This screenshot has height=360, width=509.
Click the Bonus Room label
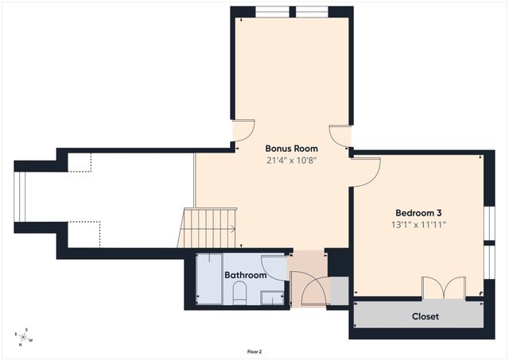[x=291, y=149]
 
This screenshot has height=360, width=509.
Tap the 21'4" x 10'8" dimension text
[x=291, y=160]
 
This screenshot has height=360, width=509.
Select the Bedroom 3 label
[x=418, y=213]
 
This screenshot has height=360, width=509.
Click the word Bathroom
[x=245, y=275]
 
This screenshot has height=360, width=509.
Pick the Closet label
[x=425, y=316]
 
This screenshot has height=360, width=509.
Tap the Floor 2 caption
[x=254, y=350]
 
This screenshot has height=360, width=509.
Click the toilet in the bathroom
[x=238, y=296]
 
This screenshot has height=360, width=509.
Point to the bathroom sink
[x=273, y=298]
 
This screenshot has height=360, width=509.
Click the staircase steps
[x=210, y=229]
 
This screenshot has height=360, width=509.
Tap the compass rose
[x=24, y=338]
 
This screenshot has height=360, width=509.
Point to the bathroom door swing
[x=274, y=268]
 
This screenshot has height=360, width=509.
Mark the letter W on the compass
[x=32, y=341]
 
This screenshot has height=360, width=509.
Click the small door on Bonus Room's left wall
[x=243, y=131]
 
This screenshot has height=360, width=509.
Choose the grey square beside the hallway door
[x=337, y=292]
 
